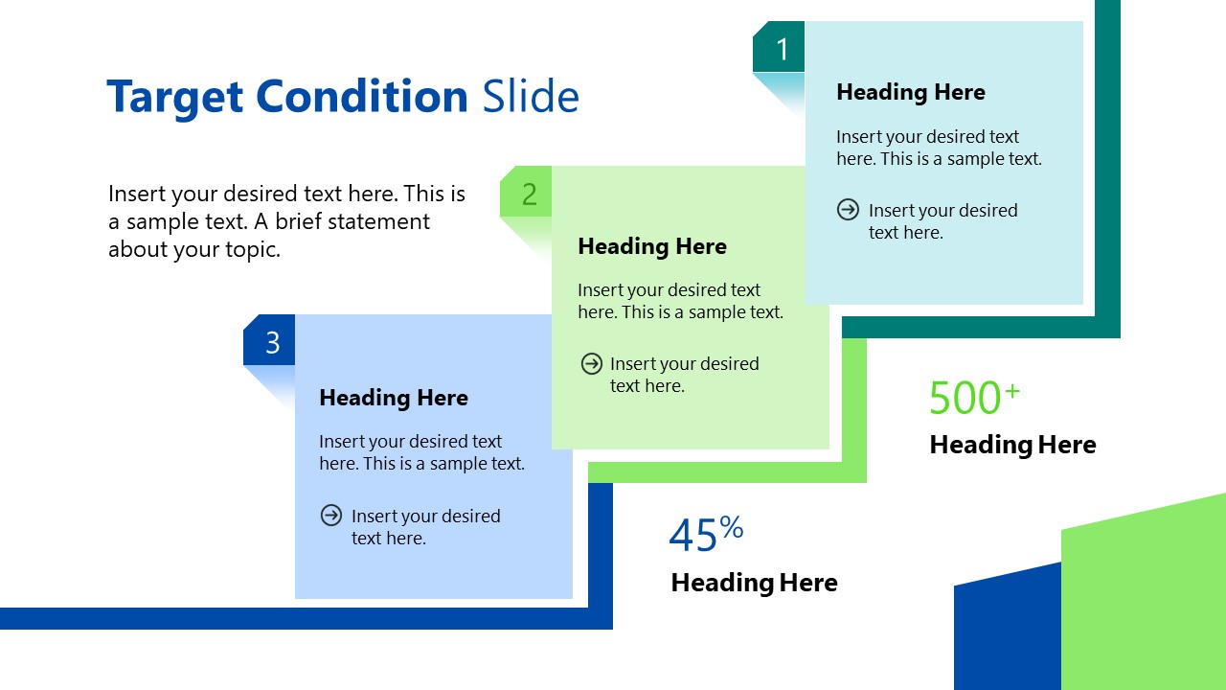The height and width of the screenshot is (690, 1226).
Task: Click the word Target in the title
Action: click(x=175, y=97)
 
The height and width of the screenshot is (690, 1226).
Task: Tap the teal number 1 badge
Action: click(x=782, y=49)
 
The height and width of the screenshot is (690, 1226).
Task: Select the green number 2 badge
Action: click(x=529, y=195)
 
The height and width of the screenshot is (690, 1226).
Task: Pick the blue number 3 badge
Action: click(x=272, y=342)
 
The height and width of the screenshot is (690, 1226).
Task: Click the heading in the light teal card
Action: click(x=910, y=92)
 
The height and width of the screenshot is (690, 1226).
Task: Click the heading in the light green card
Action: click(x=651, y=246)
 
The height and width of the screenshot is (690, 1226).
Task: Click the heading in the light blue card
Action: click(x=393, y=398)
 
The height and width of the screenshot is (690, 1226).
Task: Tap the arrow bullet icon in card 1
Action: click(x=848, y=210)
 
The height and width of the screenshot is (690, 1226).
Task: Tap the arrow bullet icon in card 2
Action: click(x=591, y=363)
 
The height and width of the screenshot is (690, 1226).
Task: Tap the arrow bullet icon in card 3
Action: click(x=330, y=516)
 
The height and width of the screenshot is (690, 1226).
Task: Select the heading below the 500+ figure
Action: click(x=1012, y=445)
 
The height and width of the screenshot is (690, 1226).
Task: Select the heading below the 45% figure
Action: click(x=754, y=583)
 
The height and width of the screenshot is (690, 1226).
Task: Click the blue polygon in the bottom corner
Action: click(x=1006, y=632)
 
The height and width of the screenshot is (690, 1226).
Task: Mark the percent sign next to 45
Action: click(x=732, y=526)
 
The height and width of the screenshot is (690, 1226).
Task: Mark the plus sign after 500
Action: click(x=1012, y=389)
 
